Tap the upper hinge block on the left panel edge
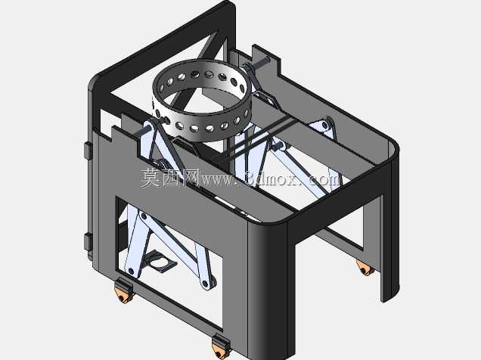88,151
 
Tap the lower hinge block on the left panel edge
88,241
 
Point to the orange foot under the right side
365,268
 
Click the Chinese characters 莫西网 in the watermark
170,178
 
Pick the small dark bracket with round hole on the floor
160,262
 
